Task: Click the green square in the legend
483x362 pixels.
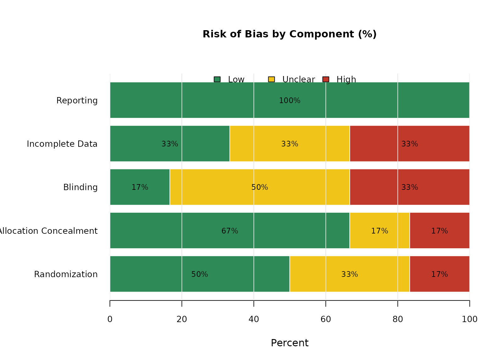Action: click(x=217, y=79)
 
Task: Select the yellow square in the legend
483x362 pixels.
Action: click(x=271, y=79)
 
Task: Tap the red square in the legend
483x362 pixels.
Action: click(x=326, y=79)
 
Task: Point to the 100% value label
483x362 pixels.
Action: click(x=290, y=101)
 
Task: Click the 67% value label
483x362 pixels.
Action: click(x=230, y=231)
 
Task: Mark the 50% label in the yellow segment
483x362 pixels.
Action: click(x=260, y=188)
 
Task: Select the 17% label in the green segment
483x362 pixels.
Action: click(x=140, y=188)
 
